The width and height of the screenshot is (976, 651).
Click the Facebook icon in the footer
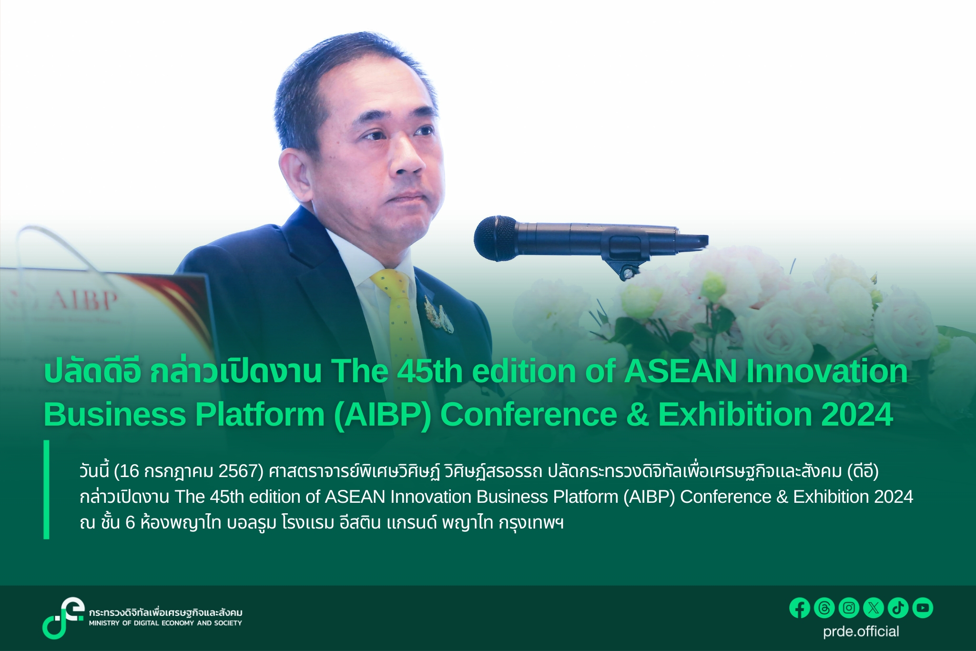(x=800, y=608)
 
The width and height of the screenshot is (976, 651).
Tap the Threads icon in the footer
(x=824, y=608)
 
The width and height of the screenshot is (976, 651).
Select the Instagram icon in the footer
(x=849, y=608)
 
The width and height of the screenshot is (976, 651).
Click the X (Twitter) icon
(x=874, y=608)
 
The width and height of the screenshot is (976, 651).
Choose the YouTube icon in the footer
(x=923, y=608)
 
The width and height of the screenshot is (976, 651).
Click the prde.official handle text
(x=861, y=632)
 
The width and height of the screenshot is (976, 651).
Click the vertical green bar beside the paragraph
(x=46, y=489)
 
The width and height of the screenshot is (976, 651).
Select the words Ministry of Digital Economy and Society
(x=165, y=623)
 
